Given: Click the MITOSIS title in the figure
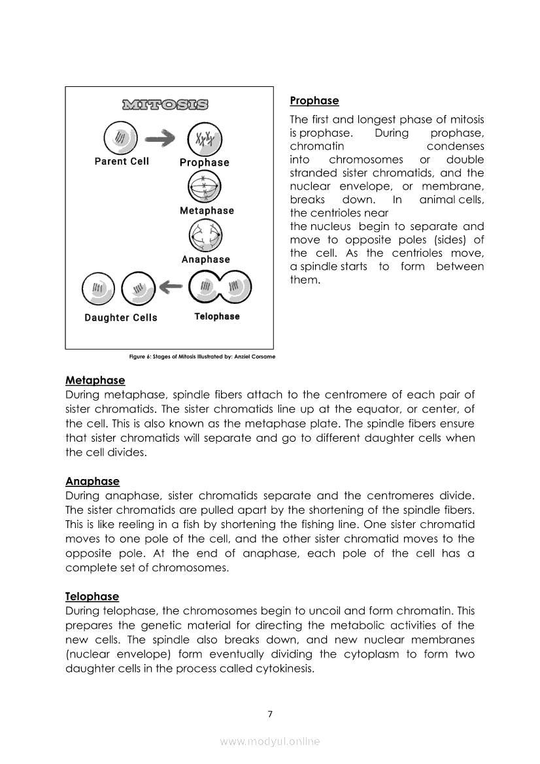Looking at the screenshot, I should click(165, 105).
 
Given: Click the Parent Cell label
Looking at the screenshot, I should click(122, 161).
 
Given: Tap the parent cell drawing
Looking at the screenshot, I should click(121, 139).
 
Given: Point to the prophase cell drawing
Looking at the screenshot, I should click(205, 139).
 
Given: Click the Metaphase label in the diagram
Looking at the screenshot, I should click(207, 210).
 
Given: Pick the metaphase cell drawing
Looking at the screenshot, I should click(205, 188).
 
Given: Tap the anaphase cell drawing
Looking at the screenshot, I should click(205, 236).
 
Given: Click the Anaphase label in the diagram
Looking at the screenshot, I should click(206, 259).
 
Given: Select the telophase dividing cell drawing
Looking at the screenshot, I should click(219, 287).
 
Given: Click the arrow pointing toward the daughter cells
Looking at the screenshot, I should click(172, 286).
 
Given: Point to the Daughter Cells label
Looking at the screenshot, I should click(121, 318).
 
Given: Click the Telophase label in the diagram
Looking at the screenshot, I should click(217, 316).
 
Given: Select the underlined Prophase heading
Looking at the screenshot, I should click(314, 101).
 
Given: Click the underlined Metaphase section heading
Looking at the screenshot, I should click(95, 380).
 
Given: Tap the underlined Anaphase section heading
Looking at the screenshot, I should click(92, 481).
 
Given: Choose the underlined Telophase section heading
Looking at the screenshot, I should click(92, 596).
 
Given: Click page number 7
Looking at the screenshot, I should click(269, 713).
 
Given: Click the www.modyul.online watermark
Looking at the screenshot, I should click(269, 741).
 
